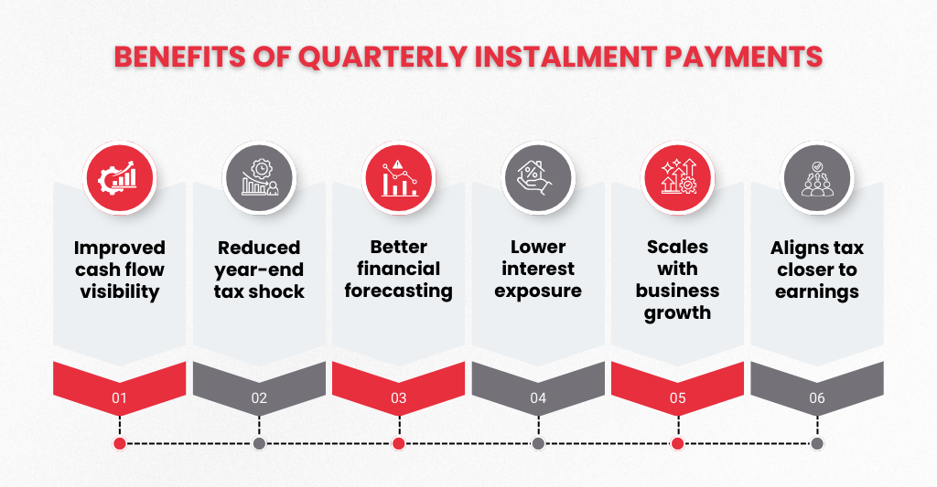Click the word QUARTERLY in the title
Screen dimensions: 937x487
pyautogui.click(x=383, y=58)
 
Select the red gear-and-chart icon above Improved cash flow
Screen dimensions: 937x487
pyautogui.click(x=120, y=178)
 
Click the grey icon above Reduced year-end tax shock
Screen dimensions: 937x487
pyautogui.click(x=259, y=178)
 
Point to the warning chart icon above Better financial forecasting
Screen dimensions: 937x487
pyautogui.click(x=399, y=178)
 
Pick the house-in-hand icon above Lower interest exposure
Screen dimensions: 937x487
pyautogui.click(x=538, y=178)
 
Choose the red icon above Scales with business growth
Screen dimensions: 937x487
pyautogui.click(x=678, y=178)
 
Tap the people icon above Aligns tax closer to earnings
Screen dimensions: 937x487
pyautogui.click(x=817, y=178)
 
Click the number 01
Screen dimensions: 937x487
pyautogui.click(x=120, y=398)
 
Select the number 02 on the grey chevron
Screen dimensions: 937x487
pyautogui.click(x=259, y=398)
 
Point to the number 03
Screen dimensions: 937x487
pyautogui.click(x=399, y=398)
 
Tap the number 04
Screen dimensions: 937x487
pyautogui.click(x=538, y=398)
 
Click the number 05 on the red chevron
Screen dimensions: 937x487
pyautogui.click(x=678, y=398)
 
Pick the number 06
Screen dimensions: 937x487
pyautogui.click(x=817, y=398)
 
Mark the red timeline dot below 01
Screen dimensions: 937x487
pyautogui.click(x=120, y=443)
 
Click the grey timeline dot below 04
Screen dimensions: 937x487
pyautogui.click(x=538, y=443)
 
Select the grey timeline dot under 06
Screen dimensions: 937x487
pyautogui.click(x=817, y=443)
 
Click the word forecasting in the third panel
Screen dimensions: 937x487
pyautogui.click(x=399, y=291)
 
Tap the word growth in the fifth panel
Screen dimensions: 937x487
pyautogui.click(x=678, y=313)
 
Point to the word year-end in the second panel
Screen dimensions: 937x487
pyautogui.click(x=259, y=270)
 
